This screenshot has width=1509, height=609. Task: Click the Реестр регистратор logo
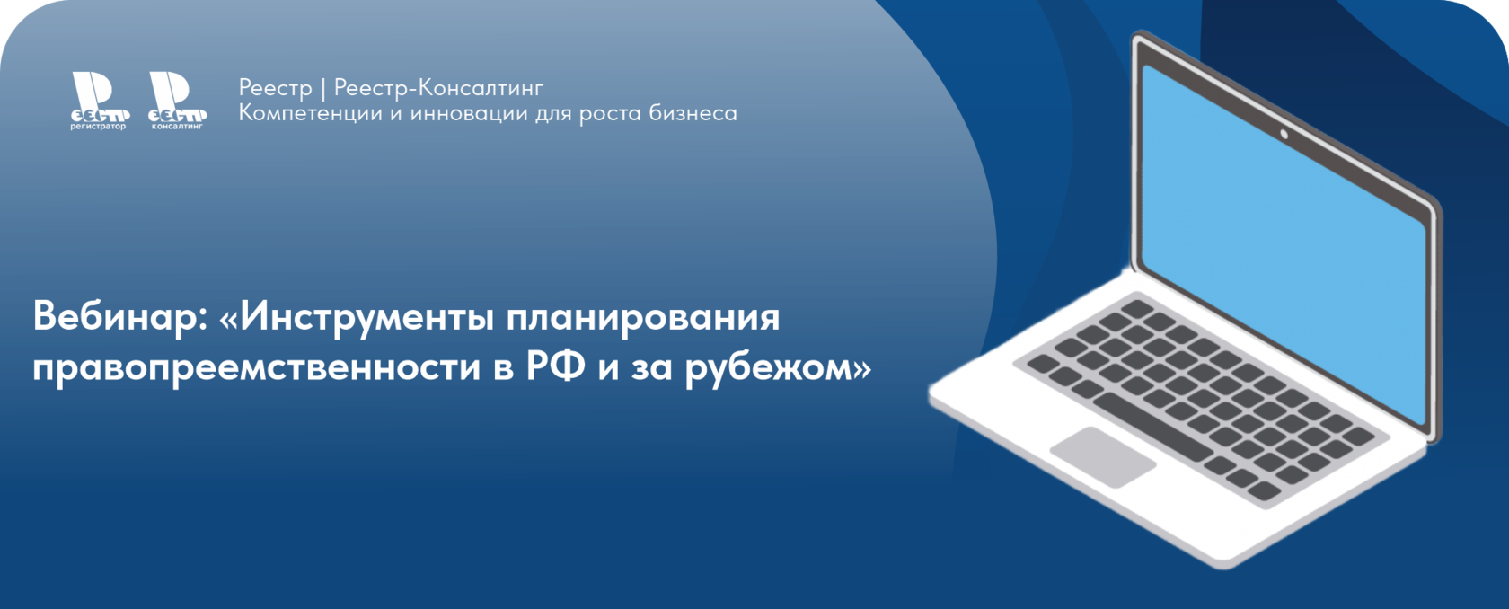tap(100, 101)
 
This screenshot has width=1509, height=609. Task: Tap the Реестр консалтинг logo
tap(177, 101)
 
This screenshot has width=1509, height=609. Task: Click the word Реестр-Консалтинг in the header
tap(438, 88)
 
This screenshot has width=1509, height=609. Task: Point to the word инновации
tap(469, 113)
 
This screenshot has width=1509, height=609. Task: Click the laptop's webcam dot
tap(1284, 135)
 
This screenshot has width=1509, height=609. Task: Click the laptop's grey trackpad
tap(1103, 456)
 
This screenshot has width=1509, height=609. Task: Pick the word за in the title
tap(651, 370)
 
